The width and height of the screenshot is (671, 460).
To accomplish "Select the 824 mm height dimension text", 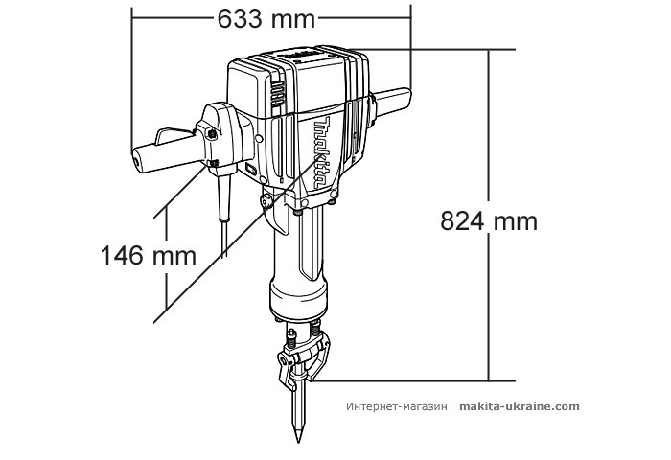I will pyautogui.click(x=488, y=221).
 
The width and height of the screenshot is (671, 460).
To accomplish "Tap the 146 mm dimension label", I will pyautogui.click(x=148, y=256).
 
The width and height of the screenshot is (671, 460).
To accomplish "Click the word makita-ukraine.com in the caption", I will pyautogui.click(x=520, y=405).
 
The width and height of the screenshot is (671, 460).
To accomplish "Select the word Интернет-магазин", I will pyautogui.click(x=397, y=405).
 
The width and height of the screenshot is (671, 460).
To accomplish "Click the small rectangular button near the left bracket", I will pyautogui.click(x=251, y=171).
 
